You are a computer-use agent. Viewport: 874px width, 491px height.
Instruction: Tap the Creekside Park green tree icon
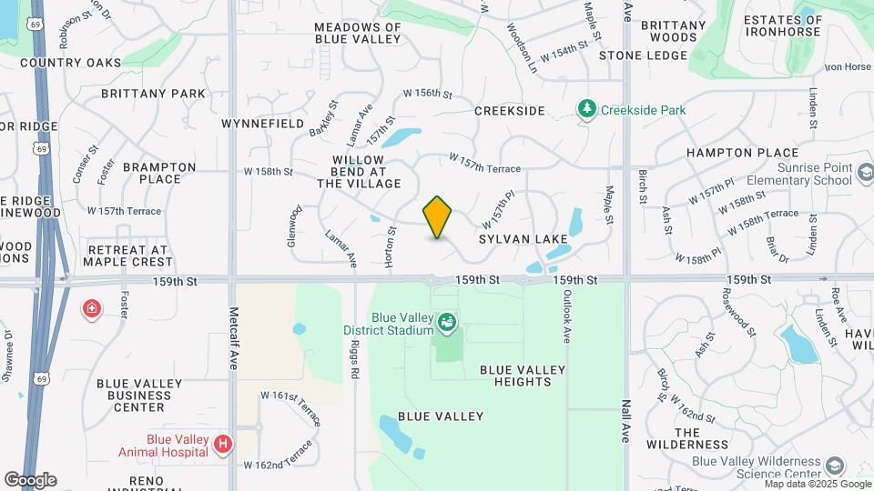click(x=588, y=110)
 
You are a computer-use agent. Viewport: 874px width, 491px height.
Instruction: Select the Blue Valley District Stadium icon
click(x=447, y=321)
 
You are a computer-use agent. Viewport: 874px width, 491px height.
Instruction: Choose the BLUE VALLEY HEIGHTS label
click(x=523, y=376)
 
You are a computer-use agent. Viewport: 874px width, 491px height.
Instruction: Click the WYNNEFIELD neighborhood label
click(x=262, y=122)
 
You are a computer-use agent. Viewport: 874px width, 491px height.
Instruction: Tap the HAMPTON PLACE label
click(x=742, y=153)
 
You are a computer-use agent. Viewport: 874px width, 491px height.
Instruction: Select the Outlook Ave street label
click(x=565, y=316)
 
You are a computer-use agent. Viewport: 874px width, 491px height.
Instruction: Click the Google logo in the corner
click(x=30, y=479)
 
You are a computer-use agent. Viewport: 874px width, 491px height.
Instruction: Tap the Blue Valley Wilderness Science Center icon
click(x=835, y=466)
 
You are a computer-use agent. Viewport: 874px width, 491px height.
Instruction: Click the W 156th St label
click(x=428, y=94)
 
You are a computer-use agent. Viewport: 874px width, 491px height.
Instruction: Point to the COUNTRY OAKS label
click(x=70, y=63)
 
